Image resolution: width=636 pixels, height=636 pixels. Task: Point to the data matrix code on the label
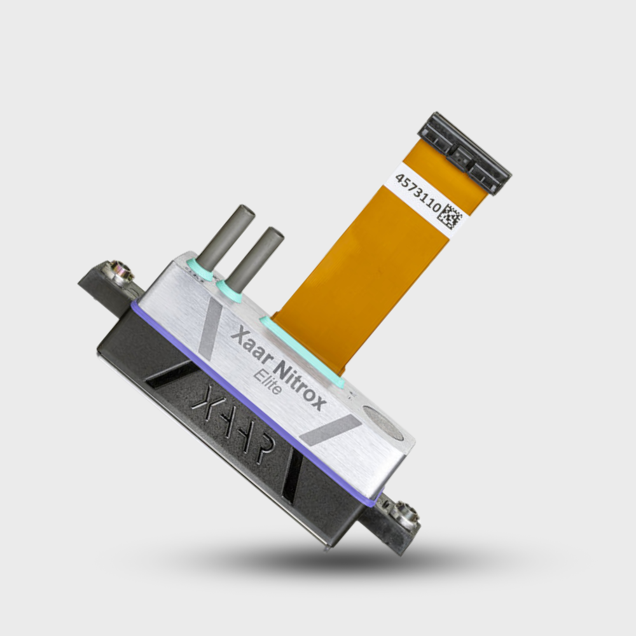[x=450, y=217]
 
